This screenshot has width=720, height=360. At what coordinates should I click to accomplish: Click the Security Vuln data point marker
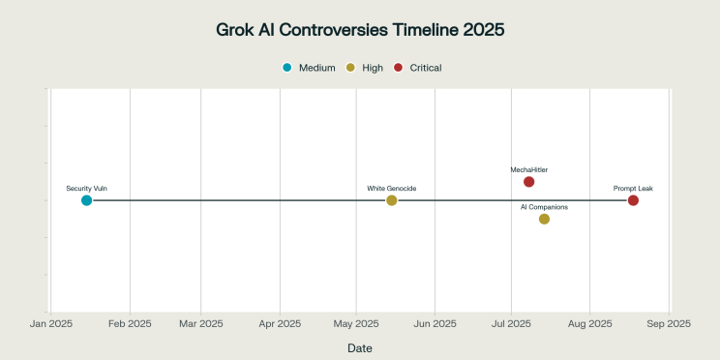click(86, 200)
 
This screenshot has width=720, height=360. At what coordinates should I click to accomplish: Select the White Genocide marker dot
click(392, 200)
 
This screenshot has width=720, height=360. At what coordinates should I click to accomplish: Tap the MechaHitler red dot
click(528, 182)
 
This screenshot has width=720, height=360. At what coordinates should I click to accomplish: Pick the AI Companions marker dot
click(544, 219)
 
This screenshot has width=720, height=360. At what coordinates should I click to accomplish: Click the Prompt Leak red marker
click(633, 200)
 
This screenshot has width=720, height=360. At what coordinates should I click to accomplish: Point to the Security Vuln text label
click(86, 188)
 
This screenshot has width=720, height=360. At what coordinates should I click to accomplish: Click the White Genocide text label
click(392, 188)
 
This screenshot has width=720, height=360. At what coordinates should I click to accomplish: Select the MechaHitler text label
click(528, 169)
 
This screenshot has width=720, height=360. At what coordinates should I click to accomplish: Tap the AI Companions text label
click(544, 207)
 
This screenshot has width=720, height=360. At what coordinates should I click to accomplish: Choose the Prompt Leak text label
click(633, 188)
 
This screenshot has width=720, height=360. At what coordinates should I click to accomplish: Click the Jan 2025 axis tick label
click(50, 323)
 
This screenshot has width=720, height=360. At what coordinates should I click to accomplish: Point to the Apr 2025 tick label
click(279, 323)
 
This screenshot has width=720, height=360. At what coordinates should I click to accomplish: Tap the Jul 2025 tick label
click(511, 323)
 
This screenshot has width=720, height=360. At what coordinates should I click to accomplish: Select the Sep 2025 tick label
click(667, 323)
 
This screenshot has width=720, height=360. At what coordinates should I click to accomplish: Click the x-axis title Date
click(360, 347)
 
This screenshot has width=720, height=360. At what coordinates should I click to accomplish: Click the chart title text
click(360, 30)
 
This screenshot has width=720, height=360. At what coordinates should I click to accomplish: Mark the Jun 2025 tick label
click(435, 323)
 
